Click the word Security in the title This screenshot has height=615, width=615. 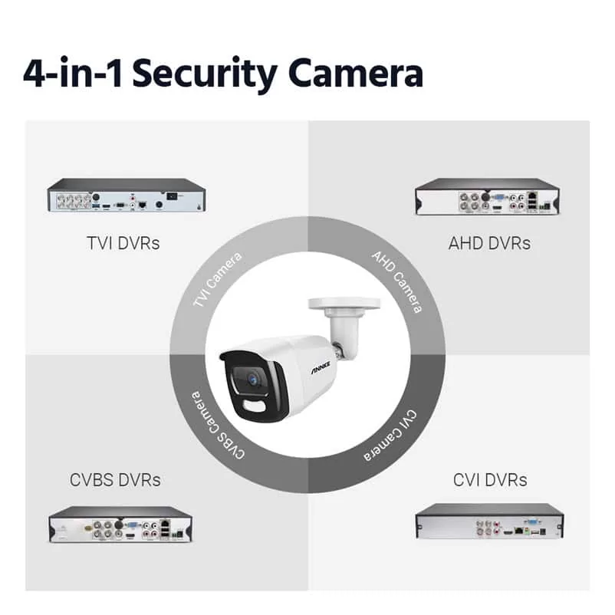pos(204,74)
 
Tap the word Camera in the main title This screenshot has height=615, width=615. pos(356,73)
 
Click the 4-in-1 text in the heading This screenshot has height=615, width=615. pos(72,73)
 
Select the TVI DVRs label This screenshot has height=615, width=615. pos(123,243)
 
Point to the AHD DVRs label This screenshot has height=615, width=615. pos(489,243)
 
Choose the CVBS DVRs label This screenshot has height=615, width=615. pos(115,480)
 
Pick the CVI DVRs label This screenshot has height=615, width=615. pos(490,480)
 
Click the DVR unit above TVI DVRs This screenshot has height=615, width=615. pos(127,196)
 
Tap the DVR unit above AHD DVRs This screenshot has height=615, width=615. pos(488,196)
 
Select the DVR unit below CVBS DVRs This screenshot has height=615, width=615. pos(120,525)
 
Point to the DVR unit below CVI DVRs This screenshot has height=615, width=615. pos(489,521)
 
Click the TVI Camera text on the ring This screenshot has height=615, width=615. pos(217,280)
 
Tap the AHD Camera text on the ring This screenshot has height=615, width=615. pos(397,281)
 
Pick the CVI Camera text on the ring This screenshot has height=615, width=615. pos(390,436)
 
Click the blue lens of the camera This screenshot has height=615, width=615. pos(252,379)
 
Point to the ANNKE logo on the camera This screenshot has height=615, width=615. pos(321,368)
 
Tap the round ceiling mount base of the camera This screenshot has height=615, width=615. pos(344,303)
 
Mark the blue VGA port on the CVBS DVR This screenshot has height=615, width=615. pos(133,525)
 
